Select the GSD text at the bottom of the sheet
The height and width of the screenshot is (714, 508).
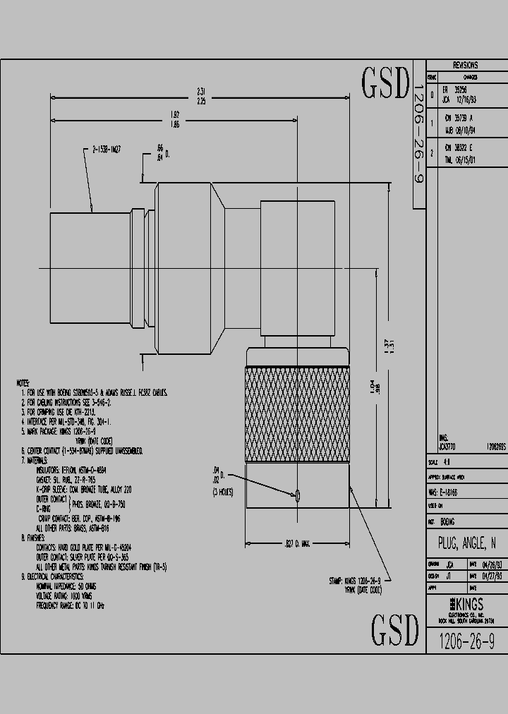(395, 629)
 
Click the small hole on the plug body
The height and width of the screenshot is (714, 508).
(298, 496)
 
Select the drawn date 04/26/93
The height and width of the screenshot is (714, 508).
(488, 565)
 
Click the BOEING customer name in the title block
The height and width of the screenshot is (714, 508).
(447, 521)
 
